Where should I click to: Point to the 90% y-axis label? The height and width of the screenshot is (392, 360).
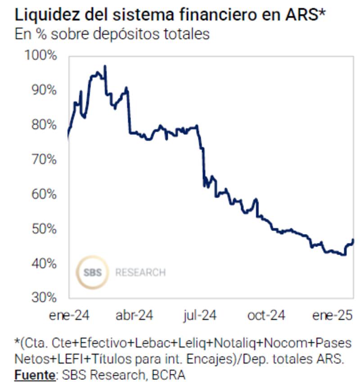44,90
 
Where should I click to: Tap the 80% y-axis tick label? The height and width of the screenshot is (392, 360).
44,125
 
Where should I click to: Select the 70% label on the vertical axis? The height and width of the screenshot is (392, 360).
44,159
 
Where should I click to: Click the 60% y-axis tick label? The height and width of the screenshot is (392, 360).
44,194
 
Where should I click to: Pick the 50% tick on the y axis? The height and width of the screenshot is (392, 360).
44,229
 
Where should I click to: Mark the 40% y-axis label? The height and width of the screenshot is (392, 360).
44,263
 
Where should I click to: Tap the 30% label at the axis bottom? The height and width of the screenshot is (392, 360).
44,297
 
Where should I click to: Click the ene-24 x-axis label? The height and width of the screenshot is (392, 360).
69,315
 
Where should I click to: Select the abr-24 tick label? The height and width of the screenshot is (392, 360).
134,315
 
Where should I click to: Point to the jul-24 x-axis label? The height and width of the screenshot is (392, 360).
199,315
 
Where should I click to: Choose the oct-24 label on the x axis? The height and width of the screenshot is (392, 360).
266,315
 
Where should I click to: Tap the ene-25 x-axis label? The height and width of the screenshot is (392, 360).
332,315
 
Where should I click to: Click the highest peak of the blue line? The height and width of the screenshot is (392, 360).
105,66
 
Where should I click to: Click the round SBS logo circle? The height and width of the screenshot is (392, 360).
92,272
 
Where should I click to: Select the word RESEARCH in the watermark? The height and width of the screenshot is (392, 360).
140,272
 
